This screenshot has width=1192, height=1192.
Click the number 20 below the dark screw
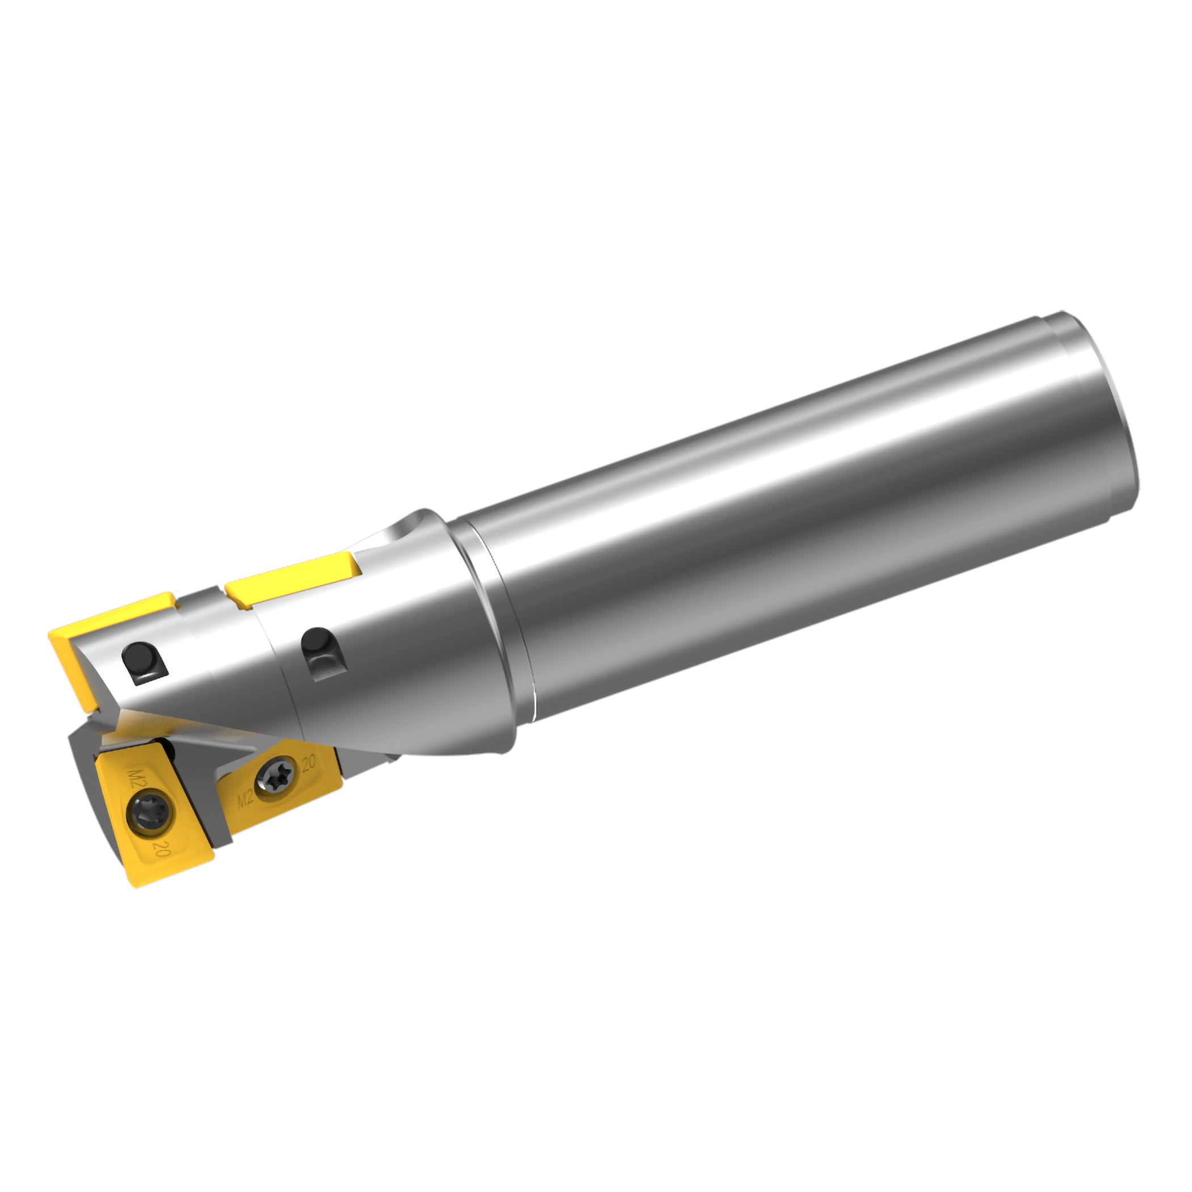coord(162,851)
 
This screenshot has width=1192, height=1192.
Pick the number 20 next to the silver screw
coord(308,763)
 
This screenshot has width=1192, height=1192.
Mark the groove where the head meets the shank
coord(494,617)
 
